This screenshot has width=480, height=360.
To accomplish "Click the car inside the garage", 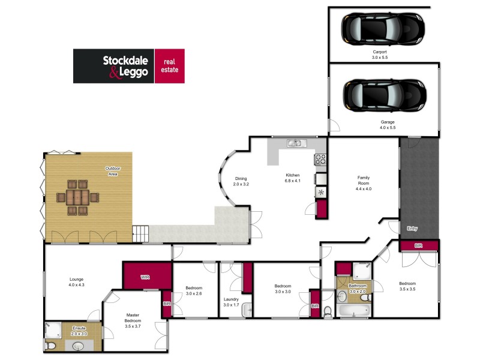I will [384, 94].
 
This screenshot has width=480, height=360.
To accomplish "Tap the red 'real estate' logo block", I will [170, 65].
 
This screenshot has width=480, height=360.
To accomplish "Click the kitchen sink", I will [296, 143].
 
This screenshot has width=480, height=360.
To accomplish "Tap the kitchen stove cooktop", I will [320, 160].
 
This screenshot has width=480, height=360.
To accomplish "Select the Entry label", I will [412, 229].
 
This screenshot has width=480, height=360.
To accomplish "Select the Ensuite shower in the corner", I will [53, 329].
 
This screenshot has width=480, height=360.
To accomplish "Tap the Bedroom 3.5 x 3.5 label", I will [407, 286].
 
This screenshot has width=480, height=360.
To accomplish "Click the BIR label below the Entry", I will [418, 245].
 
